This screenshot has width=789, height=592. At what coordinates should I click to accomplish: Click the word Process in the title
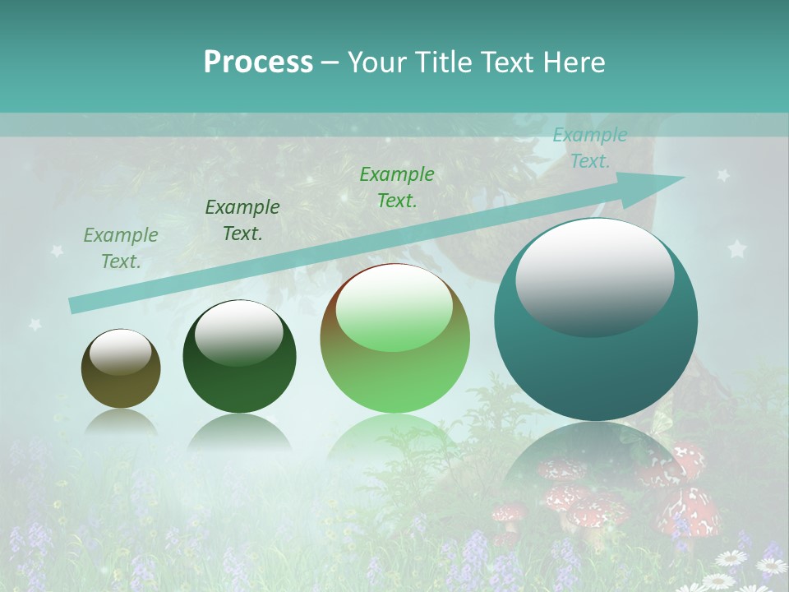pos(258,62)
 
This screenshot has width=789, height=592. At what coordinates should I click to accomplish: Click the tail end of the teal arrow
pos(74,305)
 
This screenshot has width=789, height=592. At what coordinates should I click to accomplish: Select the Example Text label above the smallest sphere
pos(121,248)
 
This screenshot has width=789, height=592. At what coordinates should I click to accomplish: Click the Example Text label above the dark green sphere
pos(242,220)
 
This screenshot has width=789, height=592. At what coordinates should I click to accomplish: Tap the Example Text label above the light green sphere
pos(397,187)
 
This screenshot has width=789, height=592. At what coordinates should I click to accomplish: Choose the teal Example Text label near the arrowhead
pos(589,148)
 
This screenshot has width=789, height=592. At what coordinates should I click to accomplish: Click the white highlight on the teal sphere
pos(594,277)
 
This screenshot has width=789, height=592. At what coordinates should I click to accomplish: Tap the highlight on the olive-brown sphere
pos(120,353)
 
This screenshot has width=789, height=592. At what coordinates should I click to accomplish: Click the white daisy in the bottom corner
pos(772,566)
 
